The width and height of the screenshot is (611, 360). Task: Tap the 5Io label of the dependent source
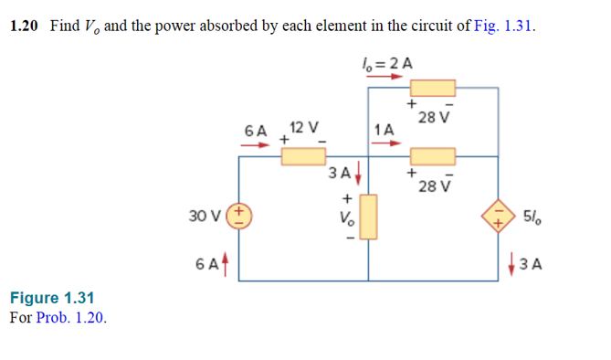tap(532, 217)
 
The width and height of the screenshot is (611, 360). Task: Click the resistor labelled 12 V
tap(302, 156)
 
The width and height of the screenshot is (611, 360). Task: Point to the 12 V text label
tap(303, 127)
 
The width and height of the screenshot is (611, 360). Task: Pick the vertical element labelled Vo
tap(370, 218)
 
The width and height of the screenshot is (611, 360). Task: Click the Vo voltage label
tap(345, 218)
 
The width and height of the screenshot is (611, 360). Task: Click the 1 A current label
tap(385, 130)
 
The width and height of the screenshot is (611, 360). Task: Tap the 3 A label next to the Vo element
tap(340, 171)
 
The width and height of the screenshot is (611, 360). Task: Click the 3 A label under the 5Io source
tap(531, 265)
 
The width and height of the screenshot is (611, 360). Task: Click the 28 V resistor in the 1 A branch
tap(432, 156)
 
